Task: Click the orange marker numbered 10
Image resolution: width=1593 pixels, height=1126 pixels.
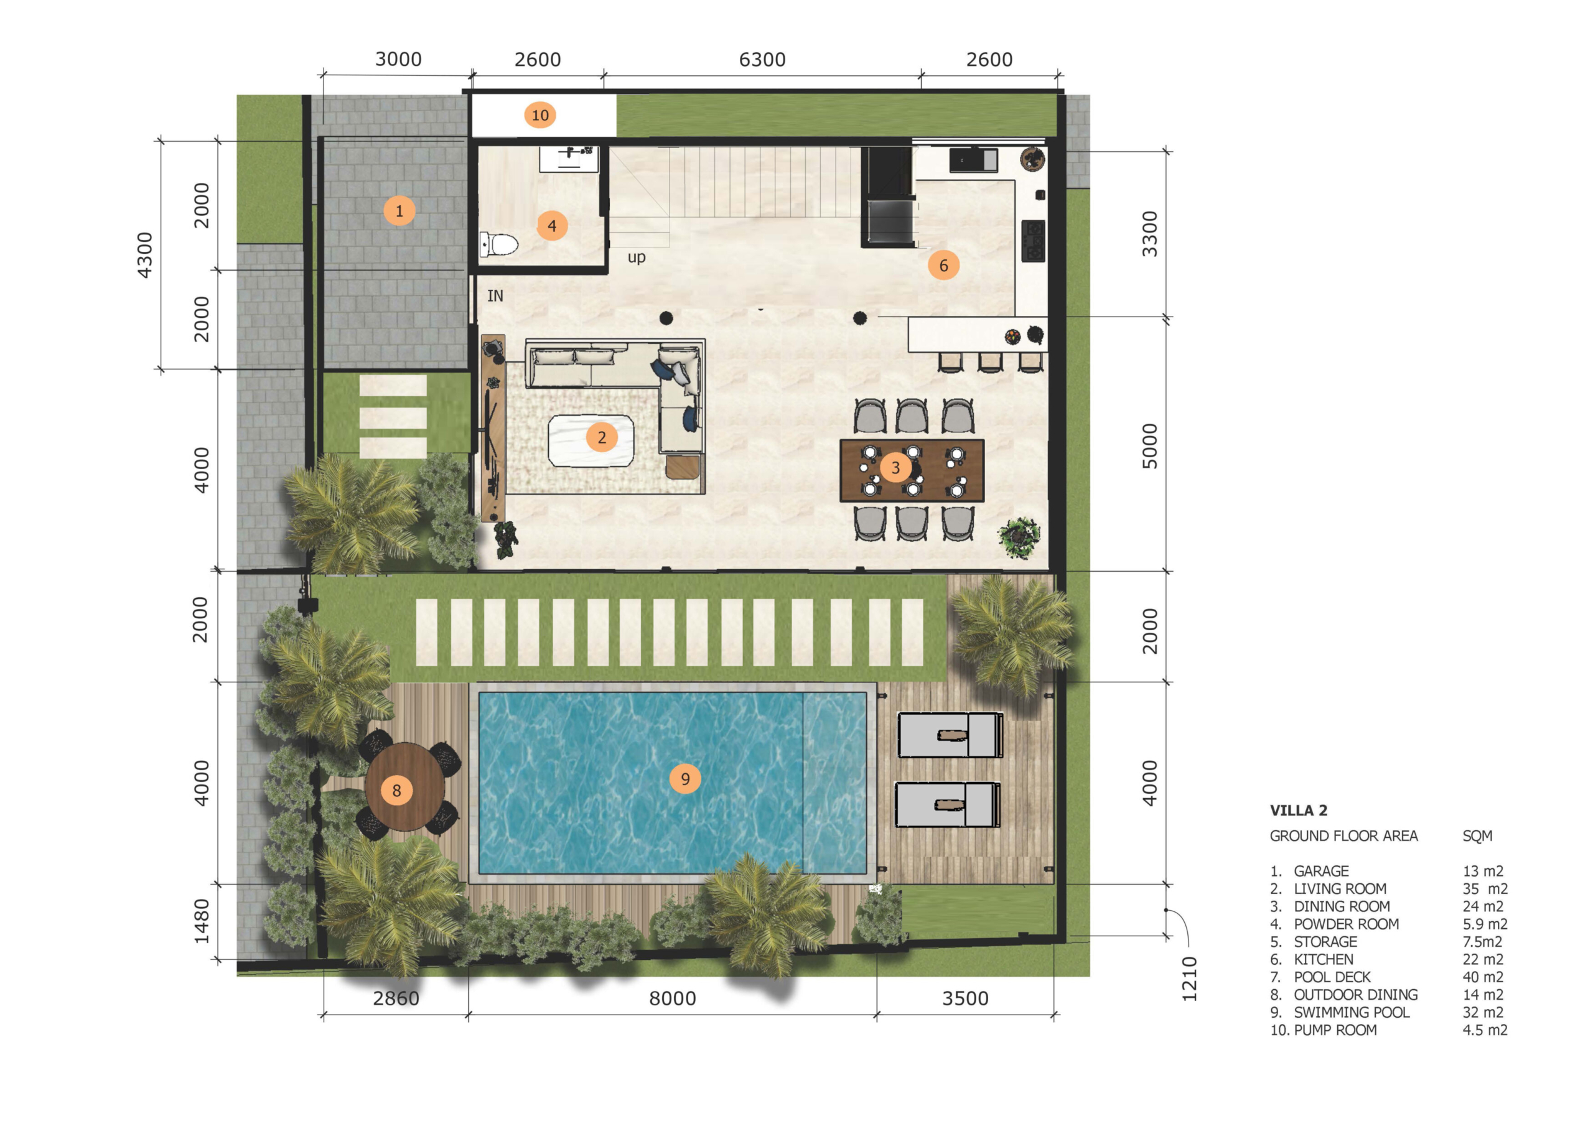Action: tap(540, 115)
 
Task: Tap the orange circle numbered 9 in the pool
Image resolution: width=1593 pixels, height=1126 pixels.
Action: tap(684, 778)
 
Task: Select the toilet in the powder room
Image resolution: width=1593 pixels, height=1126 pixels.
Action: tap(499, 244)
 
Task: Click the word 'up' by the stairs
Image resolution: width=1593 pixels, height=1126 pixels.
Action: tap(636, 258)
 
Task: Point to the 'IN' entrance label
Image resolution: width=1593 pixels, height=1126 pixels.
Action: tap(495, 295)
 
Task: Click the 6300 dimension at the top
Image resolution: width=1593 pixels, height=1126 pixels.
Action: tap(762, 60)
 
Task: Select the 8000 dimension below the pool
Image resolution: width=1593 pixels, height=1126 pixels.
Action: tap(672, 998)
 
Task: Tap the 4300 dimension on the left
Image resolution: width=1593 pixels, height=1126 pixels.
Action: tap(144, 255)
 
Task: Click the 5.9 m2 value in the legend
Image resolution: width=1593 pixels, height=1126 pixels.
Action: tap(1485, 924)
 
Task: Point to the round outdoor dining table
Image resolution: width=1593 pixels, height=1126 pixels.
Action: tap(405, 787)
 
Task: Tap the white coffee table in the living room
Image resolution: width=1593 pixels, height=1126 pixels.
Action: tap(591, 440)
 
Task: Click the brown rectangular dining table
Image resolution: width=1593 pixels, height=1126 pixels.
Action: tap(912, 470)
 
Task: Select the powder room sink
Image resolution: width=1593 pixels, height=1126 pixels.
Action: tap(568, 158)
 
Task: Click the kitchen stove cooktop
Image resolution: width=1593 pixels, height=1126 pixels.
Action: tap(1033, 240)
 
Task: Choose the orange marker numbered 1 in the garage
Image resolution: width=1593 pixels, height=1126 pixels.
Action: tap(399, 210)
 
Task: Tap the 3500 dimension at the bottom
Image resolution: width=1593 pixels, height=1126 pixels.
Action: tap(965, 998)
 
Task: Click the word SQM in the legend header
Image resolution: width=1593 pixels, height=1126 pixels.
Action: tap(1477, 836)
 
